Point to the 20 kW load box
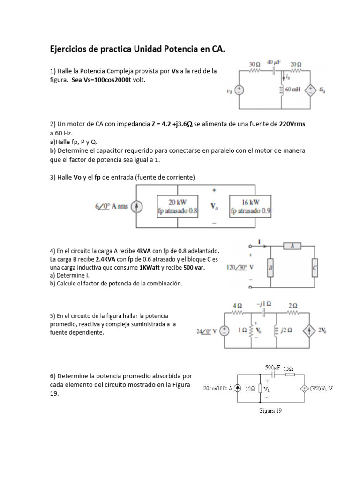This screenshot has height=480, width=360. click(178, 207)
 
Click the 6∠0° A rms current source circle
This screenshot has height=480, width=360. click(136, 207)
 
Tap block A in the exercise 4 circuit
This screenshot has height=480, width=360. click(292, 246)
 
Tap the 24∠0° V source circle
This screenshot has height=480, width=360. click(225, 330)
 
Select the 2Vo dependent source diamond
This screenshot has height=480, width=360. click(310, 330)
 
